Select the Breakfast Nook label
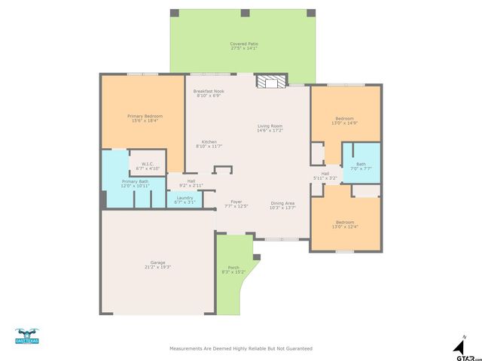[x=209, y=93]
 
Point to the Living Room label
[x=270, y=128]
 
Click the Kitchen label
[x=209, y=144]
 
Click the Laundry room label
[x=185, y=199]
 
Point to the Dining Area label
[x=283, y=205]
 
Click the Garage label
[x=158, y=265]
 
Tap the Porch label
[x=233, y=269]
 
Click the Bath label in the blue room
[x=361, y=165]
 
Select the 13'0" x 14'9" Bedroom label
[x=344, y=120]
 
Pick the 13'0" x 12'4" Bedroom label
[x=346, y=224]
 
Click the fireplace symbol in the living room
[x=270, y=82]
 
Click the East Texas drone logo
[x=26, y=335]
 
